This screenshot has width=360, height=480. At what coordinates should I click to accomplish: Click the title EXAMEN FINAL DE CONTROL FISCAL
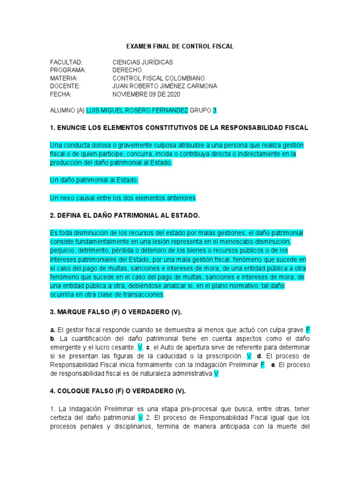pos(180,47)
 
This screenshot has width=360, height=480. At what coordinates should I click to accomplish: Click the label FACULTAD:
pos(67,62)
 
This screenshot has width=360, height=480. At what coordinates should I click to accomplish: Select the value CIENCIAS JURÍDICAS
pos(142,62)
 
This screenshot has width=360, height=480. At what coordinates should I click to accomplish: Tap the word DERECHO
pos(127,70)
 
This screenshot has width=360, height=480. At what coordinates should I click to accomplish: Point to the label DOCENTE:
pos(65,86)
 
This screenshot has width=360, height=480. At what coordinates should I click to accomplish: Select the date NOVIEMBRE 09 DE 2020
pos(146,94)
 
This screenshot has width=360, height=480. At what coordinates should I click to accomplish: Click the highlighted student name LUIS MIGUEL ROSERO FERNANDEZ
pos(137,110)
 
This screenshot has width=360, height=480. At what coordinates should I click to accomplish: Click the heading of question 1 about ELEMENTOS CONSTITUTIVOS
pos(179,127)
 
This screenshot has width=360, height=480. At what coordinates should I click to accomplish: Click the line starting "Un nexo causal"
pos(122,198)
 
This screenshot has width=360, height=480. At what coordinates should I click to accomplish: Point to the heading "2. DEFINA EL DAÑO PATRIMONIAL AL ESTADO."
pos(125,216)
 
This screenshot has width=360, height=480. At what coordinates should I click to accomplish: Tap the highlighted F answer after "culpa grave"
pos(307,330)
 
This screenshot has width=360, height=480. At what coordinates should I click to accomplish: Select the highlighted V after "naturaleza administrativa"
pos(216,374)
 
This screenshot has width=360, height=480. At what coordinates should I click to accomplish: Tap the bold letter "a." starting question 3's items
pos(52,330)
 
